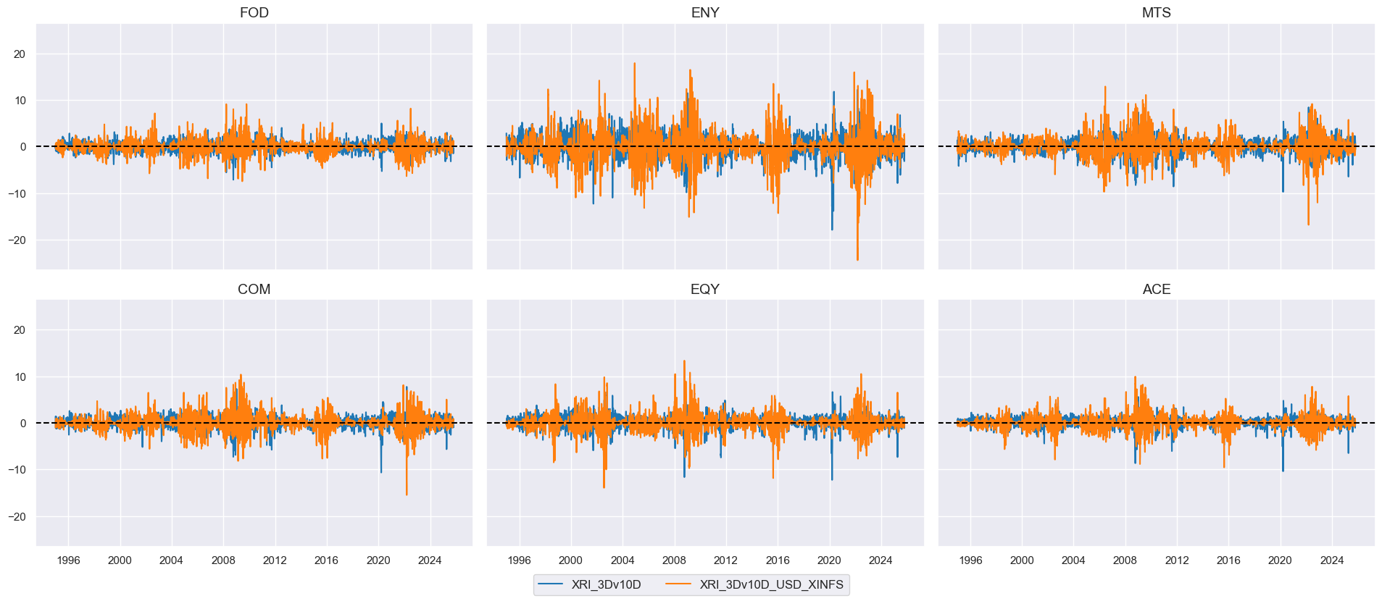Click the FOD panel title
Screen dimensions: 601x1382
(x=254, y=13)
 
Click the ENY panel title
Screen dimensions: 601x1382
(x=705, y=13)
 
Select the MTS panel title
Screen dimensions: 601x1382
(x=1156, y=13)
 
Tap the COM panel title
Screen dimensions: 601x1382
(x=254, y=290)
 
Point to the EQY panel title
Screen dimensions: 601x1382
(x=705, y=290)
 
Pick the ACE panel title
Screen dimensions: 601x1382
(x=1156, y=290)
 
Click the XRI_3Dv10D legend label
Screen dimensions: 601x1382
(x=606, y=585)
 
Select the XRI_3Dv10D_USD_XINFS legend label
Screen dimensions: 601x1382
(x=771, y=585)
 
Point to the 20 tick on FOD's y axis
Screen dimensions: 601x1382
(x=20, y=54)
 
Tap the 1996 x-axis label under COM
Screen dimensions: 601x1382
(x=68, y=560)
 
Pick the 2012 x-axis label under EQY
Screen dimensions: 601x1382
(x=725, y=560)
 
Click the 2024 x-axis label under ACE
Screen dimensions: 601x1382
(x=1332, y=560)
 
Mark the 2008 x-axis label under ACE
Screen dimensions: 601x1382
(x=1125, y=560)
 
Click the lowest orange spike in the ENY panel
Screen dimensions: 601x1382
(x=857, y=260)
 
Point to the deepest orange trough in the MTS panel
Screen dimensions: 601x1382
(x=1308, y=224)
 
